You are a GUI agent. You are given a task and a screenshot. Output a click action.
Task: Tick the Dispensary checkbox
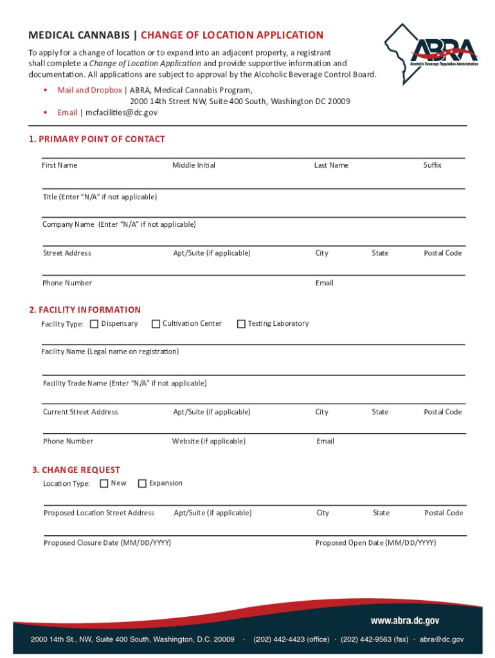(94, 324)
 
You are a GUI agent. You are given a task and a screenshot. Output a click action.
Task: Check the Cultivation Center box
(156, 324)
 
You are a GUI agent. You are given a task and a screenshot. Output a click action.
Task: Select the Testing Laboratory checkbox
(241, 324)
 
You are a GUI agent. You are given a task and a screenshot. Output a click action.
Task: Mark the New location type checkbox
(104, 483)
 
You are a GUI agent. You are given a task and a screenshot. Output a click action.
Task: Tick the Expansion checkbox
(142, 483)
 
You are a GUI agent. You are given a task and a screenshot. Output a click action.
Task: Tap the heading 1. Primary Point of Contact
(97, 139)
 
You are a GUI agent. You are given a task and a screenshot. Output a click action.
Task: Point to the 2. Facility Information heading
(85, 310)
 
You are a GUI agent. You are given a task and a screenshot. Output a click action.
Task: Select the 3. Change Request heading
(76, 470)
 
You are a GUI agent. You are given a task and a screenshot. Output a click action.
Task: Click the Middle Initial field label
(194, 165)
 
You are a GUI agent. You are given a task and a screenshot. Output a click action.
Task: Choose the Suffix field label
(432, 165)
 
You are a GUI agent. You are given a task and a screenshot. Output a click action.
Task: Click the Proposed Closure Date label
(107, 543)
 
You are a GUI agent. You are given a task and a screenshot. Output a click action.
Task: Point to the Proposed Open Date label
(375, 543)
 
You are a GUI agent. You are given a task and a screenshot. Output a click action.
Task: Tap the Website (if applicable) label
(208, 441)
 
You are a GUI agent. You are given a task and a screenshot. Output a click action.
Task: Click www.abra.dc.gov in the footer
(404, 621)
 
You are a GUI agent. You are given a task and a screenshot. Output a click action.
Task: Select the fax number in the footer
(374, 639)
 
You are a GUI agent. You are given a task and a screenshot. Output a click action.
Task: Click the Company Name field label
(119, 224)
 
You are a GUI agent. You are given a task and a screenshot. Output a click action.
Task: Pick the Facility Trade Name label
(125, 383)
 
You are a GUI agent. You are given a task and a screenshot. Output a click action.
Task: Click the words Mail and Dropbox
(89, 90)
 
